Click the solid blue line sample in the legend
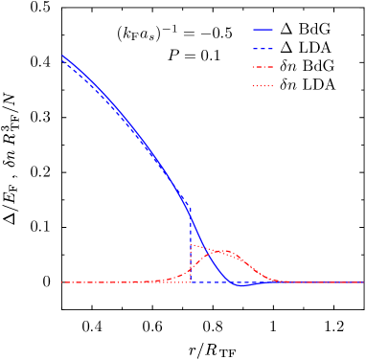[x=263, y=29]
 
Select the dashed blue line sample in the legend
[x=263, y=48]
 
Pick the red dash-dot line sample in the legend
[x=263, y=67]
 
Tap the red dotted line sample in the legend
[x=263, y=86]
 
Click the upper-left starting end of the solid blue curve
[x=62, y=56]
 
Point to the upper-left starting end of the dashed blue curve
[x=62, y=61]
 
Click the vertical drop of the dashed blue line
[x=191, y=244]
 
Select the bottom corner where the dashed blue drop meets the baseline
[x=191, y=282]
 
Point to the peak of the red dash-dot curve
[x=222, y=252]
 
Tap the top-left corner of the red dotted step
[x=192, y=245]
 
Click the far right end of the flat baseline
[x=363, y=282]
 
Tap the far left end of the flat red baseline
[x=61, y=282]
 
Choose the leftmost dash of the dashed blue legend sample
[x=255, y=48]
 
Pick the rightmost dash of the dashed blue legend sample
[x=271, y=48]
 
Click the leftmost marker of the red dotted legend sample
[x=254, y=86]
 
